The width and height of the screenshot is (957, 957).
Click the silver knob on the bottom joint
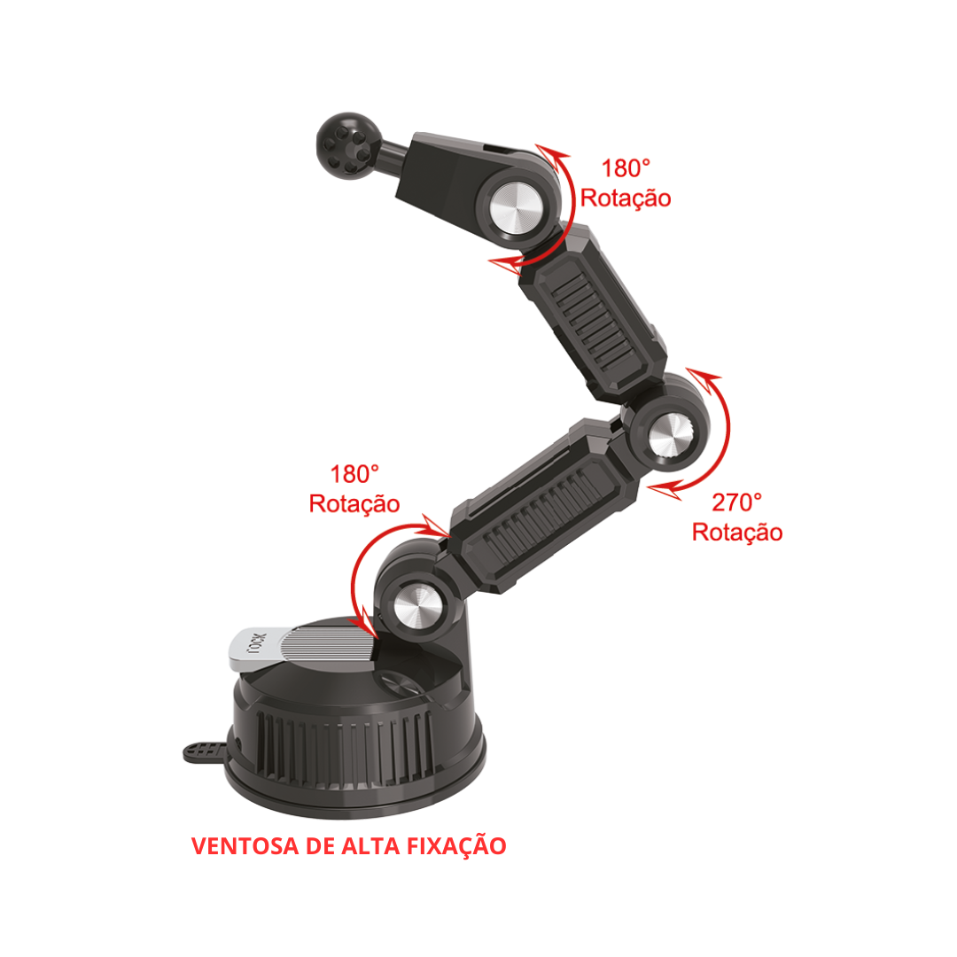[x=418, y=607]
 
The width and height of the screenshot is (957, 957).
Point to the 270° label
[x=736, y=502]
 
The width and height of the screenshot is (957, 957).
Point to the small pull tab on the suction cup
[x=205, y=752]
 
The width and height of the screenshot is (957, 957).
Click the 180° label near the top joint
[x=626, y=168]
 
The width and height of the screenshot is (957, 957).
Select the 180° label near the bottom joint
[x=354, y=474]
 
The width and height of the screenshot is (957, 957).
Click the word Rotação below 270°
[x=736, y=533]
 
